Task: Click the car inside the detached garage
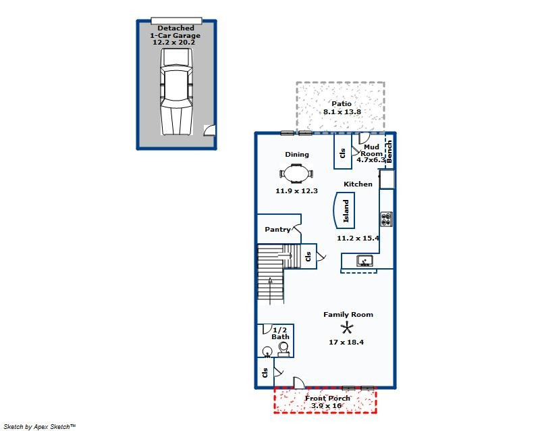click(176, 92)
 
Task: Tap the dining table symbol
click(296, 174)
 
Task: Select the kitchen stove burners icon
click(386, 219)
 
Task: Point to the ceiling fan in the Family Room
click(346, 328)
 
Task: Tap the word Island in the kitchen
click(346, 211)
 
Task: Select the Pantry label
click(277, 229)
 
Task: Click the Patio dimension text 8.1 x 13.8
click(342, 111)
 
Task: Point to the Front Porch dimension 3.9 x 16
click(326, 406)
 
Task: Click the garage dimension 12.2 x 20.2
click(174, 43)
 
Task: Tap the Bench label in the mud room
click(389, 151)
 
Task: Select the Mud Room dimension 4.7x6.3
click(371, 160)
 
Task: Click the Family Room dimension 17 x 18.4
click(346, 343)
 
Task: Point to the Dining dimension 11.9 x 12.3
click(296, 191)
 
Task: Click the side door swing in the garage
click(210, 130)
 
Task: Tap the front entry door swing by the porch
click(299, 383)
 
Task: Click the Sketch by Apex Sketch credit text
click(40, 427)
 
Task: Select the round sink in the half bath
click(267, 352)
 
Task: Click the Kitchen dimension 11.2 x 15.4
click(358, 238)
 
